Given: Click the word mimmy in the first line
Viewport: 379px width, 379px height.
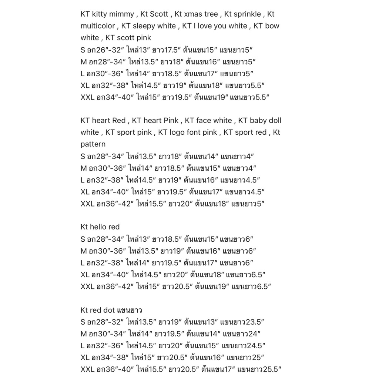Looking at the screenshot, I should pyautogui.click(x=122, y=14).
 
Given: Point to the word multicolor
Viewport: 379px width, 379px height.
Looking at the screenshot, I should pyautogui.click(x=98, y=26).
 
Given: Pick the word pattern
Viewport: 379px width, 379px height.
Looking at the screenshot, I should pyautogui.click(x=93, y=144).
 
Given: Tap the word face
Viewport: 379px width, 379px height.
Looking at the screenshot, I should pyautogui.click(x=204, y=120).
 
